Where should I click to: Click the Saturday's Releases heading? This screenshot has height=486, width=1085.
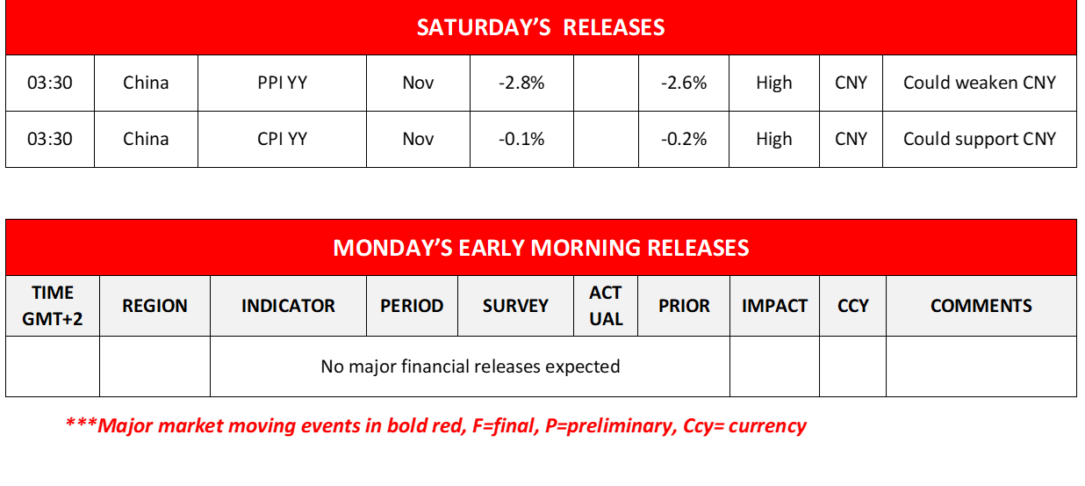tap(541, 27)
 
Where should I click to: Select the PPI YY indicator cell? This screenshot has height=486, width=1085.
tap(283, 83)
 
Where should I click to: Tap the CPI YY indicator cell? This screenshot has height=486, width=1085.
tap(283, 139)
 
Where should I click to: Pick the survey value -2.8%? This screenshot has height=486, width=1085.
tap(521, 83)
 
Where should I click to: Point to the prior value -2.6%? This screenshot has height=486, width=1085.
tap(684, 83)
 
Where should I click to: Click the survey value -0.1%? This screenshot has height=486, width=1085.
tap(521, 139)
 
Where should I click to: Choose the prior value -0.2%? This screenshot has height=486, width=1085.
tap(684, 139)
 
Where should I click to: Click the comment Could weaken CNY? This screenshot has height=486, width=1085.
tap(980, 83)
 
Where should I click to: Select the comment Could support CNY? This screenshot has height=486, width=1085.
tap(980, 140)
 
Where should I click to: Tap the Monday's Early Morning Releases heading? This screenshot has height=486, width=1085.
tap(541, 248)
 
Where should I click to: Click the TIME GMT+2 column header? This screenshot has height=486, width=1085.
tap(53, 306)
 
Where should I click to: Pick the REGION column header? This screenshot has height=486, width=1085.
tap(154, 306)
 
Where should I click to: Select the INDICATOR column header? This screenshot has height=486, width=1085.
tap(288, 306)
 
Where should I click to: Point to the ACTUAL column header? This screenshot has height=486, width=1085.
tap(606, 306)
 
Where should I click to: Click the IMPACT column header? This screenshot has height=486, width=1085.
tap(774, 306)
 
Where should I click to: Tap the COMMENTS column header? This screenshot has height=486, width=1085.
tap(981, 306)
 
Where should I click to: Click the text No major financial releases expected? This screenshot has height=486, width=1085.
tap(471, 366)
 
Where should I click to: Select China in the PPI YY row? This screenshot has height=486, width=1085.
tap(146, 83)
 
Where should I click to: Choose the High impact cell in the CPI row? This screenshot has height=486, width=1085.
tap(774, 140)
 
